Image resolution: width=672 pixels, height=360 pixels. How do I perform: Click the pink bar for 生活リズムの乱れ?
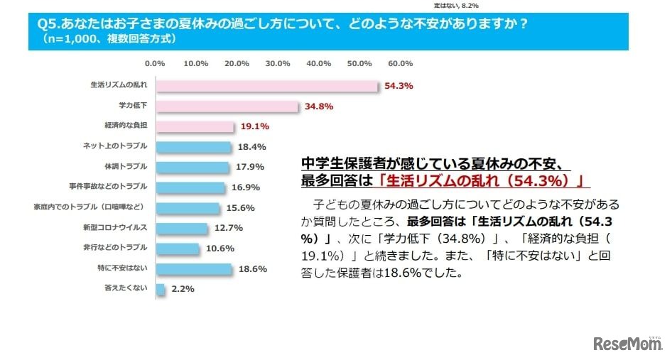[x=266, y=86]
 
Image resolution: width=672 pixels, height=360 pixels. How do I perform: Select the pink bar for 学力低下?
[x=227, y=107]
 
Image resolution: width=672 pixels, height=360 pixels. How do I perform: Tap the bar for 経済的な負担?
[x=195, y=127]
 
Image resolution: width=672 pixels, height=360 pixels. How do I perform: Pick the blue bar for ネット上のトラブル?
[x=193, y=147]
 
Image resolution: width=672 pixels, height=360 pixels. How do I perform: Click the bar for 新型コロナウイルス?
[x=182, y=229]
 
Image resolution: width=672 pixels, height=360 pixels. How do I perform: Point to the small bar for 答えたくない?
[x=161, y=289]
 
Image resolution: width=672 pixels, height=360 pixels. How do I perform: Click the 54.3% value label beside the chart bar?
[x=399, y=86]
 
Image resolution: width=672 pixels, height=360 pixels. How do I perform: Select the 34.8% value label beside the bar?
[x=319, y=107]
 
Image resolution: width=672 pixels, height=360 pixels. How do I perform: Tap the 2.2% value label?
[x=183, y=290]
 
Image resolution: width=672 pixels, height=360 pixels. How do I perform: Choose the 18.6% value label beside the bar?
[x=252, y=270]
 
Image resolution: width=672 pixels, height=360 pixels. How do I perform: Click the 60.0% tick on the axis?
[x=400, y=63]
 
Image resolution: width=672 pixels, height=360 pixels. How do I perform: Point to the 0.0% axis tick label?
[x=155, y=63]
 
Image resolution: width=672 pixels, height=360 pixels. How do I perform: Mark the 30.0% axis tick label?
[x=278, y=63]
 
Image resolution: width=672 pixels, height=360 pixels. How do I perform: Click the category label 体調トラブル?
[x=126, y=167]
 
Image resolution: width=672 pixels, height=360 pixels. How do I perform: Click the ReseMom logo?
[x=628, y=344]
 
